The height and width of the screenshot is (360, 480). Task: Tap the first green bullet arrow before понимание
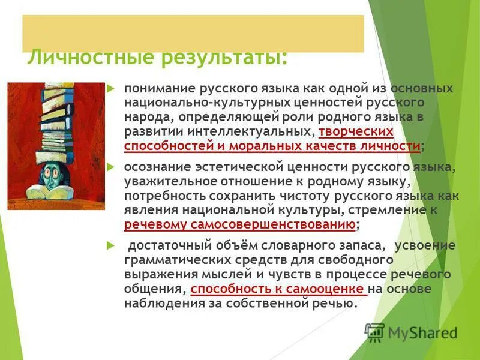tap(110, 88)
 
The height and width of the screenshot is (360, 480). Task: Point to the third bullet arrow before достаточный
tap(110, 245)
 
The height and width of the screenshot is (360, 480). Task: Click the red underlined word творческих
tap(356, 131)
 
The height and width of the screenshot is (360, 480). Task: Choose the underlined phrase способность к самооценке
tap(278, 289)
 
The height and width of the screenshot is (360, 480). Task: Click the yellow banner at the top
tap(192, 33)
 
